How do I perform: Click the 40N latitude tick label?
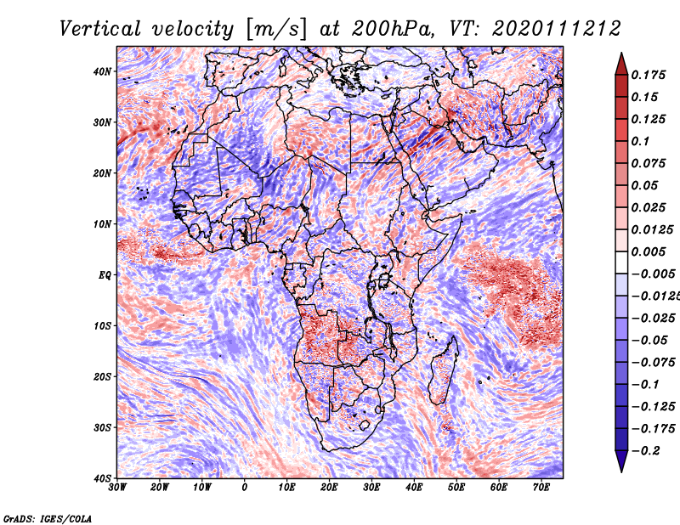pos(102,71)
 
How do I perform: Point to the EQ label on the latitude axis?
pos(104,275)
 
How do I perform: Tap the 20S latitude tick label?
pos(102,376)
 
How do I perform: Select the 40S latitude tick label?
pos(102,477)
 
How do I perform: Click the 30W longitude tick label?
pos(118,487)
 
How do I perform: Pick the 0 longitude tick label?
pos(245,487)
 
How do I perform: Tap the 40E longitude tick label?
pos(414,487)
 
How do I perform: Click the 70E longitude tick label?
pos(541,487)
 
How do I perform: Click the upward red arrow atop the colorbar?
pos(621,62)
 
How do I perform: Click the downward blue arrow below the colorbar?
pos(621,463)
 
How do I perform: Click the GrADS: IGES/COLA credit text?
pos(48,517)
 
